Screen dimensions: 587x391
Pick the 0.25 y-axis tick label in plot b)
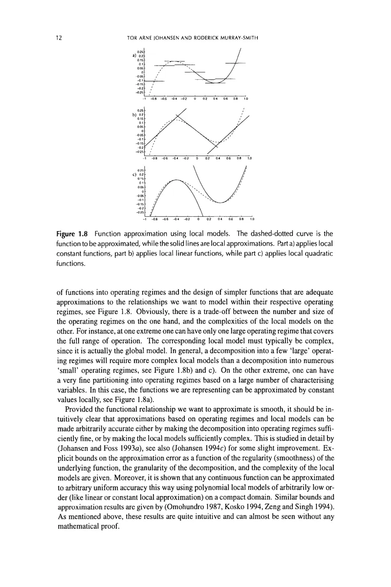coord(141,111)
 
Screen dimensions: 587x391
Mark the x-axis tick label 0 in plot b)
coord(196,158)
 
